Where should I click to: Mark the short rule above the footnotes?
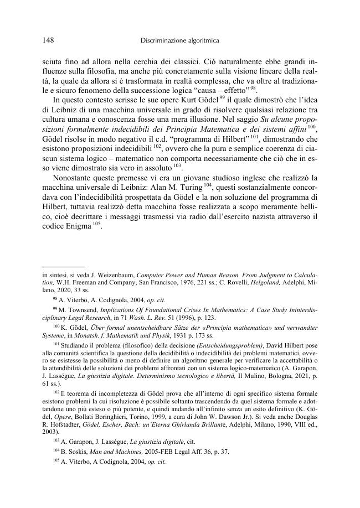coord(63,266)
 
